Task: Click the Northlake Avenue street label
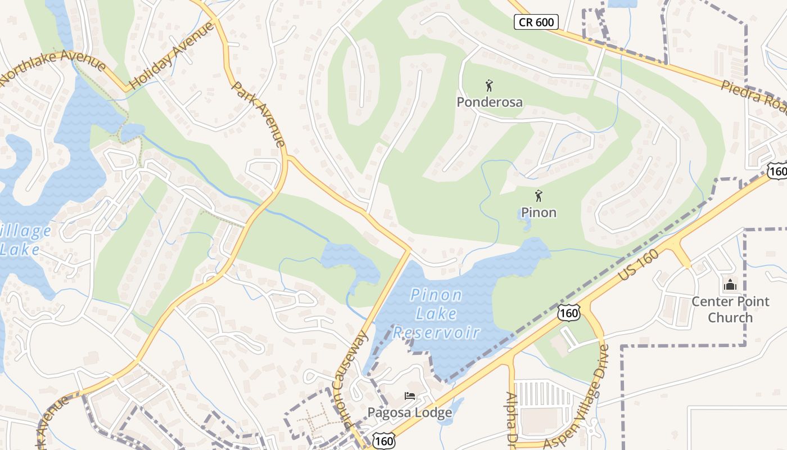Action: [x=53, y=69]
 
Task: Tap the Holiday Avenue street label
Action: [x=171, y=55]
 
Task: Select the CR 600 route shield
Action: [x=536, y=22]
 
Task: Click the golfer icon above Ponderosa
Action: [x=489, y=86]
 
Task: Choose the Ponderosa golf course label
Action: [x=489, y=102]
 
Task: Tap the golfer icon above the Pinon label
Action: [x=539, y=196]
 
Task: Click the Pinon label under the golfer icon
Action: [x=539, y=213]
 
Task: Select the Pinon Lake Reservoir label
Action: [x=436, y=313]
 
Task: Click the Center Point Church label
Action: [x=730, y=309]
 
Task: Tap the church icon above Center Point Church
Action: [x=730, y=285]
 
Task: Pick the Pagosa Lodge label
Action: [x=409, y=413]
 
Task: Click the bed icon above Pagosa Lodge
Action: [x=410, y=396]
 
